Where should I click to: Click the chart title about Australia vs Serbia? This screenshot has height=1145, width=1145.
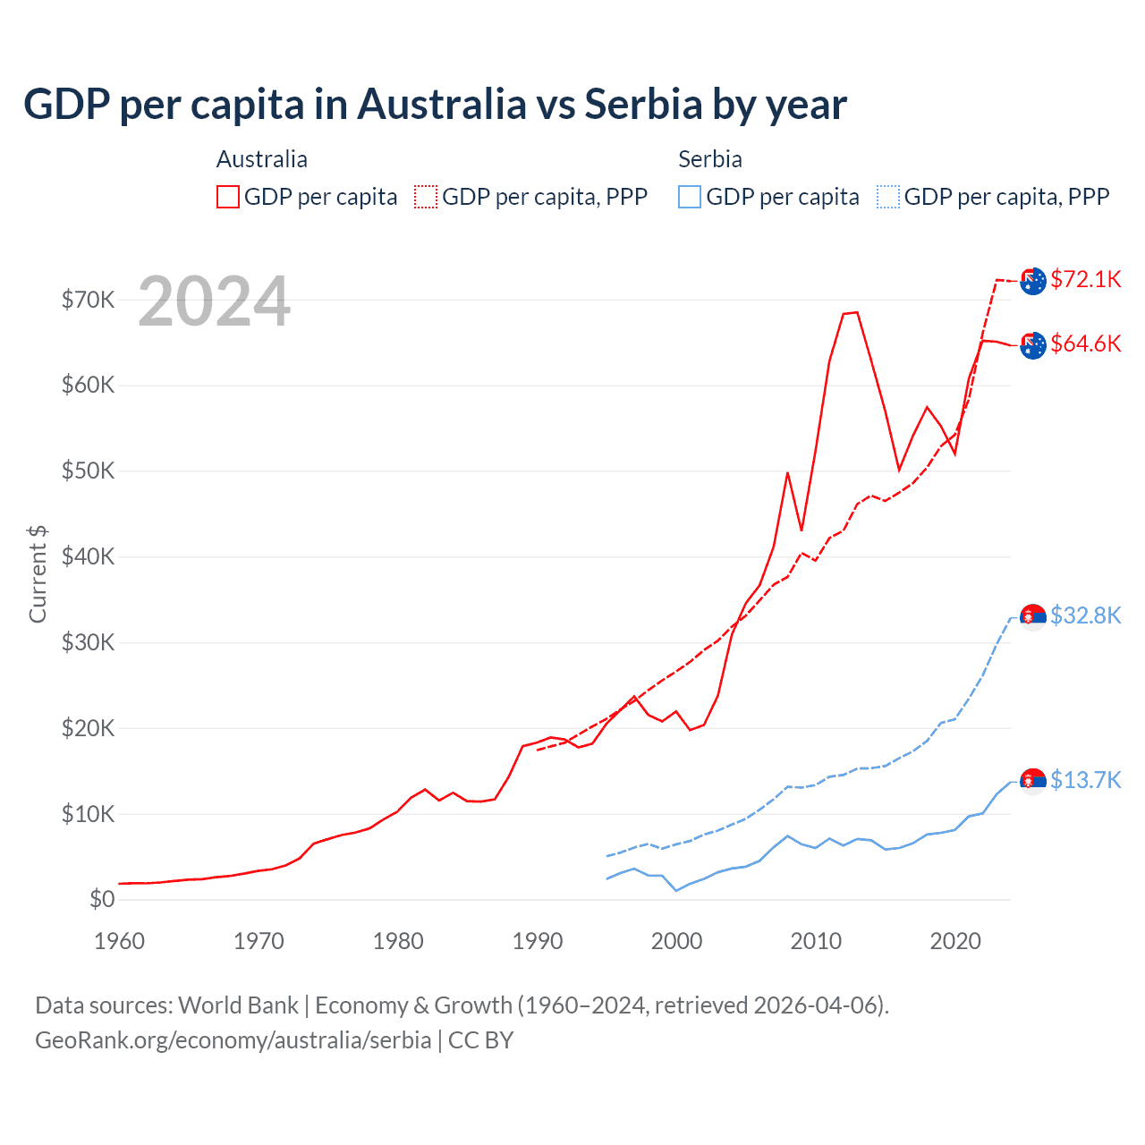[435, 105]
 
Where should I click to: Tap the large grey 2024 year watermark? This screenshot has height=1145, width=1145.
[214, 301]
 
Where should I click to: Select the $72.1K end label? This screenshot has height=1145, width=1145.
[1085, 279]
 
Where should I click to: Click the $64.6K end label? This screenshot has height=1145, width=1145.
[1085, 343]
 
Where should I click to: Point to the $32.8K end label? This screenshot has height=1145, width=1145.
[1085, 615]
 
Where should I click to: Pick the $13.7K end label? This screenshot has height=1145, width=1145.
[1085, 780]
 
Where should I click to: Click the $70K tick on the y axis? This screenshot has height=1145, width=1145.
[88, 300]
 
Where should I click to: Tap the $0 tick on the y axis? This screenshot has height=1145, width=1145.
[102, 899]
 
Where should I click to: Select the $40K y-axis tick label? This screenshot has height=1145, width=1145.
[88, 556]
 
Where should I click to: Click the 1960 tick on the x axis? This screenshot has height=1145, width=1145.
[119, 941]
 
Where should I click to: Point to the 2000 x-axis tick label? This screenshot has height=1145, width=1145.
[676, 941]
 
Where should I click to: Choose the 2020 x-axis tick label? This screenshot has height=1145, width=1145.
[955, 941]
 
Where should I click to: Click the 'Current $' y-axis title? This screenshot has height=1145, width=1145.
[38, 573]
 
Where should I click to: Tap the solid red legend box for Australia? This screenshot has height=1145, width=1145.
[228, 197]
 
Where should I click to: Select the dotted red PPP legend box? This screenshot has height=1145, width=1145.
[426, 197]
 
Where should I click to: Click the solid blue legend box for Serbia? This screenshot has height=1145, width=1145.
[690, 197]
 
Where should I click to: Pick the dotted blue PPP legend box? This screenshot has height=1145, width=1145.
[888, 197]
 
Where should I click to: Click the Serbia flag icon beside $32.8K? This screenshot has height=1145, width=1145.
[1033, 617]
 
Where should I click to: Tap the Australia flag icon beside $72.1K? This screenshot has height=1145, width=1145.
[1033, 281]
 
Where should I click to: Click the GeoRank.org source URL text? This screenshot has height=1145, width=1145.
[233, 1040]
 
